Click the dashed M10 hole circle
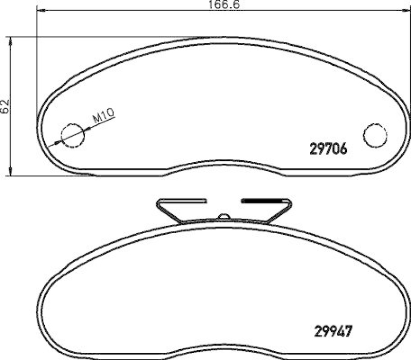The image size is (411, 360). click(x=72, y=135)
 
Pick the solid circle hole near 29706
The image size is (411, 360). click(x=375, y=135)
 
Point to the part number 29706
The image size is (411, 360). click(x=329, y=149)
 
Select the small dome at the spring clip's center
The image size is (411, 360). click(x=223, y=216)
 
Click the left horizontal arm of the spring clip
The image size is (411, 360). click(x=182, y=200)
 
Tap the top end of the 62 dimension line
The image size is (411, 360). click(x=11, y=36)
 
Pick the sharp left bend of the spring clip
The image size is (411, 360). click(x=158, y=201)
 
